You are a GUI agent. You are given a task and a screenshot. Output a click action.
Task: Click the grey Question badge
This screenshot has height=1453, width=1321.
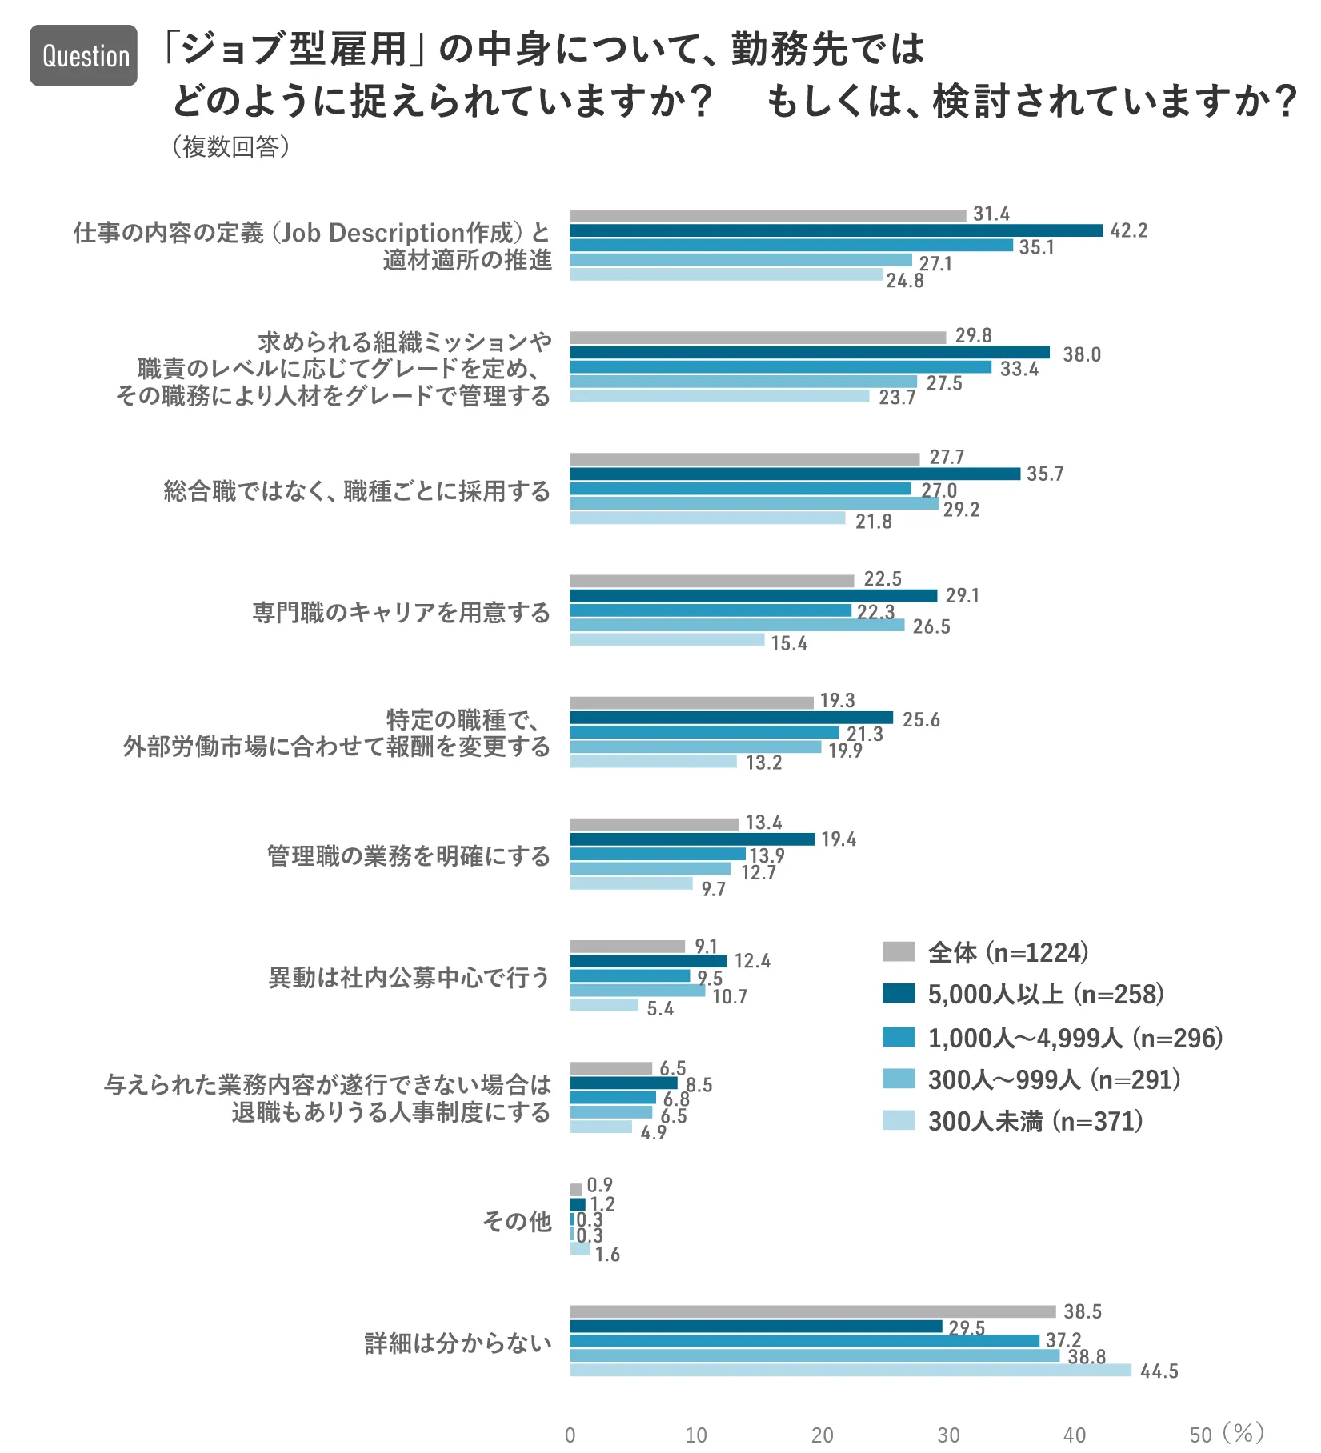[x=84, y=55]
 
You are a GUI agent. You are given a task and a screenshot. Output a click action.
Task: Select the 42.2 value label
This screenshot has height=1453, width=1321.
[x=1128, y=231]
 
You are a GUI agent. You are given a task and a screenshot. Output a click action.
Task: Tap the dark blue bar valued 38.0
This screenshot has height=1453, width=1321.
[x=809, y=352]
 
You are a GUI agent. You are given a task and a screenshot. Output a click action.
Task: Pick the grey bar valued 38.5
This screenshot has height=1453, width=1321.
[x=812, y=1312]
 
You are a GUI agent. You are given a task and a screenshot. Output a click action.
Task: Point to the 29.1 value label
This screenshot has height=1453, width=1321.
[x=962, y=596]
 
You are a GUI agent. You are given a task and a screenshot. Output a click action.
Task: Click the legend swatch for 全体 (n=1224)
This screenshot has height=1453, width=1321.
[x=898, y=951]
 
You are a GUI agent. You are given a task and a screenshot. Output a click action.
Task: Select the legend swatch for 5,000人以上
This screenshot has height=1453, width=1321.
[x=898, y=994]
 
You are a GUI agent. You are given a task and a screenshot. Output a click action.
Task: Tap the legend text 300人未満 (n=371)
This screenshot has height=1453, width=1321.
[x=1035, y=1121]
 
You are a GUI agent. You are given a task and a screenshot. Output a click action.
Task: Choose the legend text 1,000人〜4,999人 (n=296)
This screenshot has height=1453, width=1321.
[x=1075, y=1038]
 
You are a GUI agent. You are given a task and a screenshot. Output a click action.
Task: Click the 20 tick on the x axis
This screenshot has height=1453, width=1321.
[x=822, y=1435]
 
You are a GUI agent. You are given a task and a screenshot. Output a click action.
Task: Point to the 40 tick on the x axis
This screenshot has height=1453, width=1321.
[x=1075, y=1435]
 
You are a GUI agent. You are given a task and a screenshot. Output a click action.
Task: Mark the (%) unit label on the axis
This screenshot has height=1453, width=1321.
[x=1243, y=1433]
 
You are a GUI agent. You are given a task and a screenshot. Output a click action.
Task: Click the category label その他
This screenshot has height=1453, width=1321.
[x=517, y=1221]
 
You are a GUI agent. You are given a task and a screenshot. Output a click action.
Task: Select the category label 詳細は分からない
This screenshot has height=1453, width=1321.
[x=458, y=1343]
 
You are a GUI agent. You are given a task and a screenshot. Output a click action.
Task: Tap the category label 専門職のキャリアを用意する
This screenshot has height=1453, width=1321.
[x=402, y=613]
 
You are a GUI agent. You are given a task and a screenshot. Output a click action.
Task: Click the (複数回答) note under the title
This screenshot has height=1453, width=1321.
[x=230, y=146]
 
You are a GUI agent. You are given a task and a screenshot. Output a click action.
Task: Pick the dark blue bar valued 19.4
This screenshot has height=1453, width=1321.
[x=692, y=839]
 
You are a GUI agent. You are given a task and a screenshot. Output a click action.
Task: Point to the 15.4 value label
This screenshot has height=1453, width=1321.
[x=789, y=643]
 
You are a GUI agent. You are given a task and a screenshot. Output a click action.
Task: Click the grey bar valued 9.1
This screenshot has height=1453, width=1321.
[x=627, y=947]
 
